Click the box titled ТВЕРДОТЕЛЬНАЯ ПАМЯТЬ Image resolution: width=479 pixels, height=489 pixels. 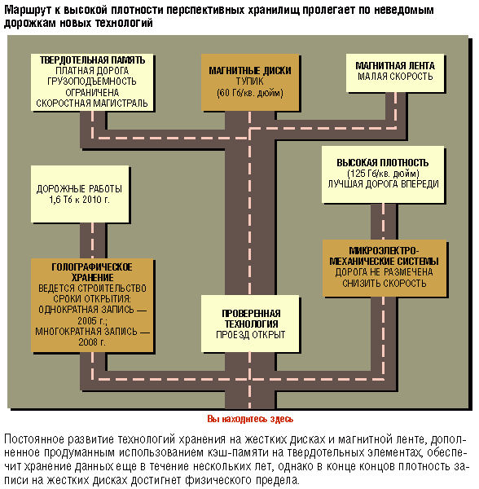pyautogui.click(x=92, y=82)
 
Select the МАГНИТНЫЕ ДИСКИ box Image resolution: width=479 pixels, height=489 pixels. pyautogui.click(x=250, y=82)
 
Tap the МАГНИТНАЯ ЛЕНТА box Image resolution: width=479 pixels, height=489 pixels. pyautogui.click(x=395, y=73)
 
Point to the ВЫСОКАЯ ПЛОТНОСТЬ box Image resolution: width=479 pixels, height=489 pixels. pyautogui.click(x=383, y=174)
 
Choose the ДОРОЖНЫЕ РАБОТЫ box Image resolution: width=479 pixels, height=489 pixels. pyautogui.click(x=80, y=194)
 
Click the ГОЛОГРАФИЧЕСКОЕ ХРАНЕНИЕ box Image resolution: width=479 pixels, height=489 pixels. pyautogui.click(x=92, y=306)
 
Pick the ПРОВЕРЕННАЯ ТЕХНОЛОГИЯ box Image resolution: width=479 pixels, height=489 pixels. pyautogui.click(x=250, y=324)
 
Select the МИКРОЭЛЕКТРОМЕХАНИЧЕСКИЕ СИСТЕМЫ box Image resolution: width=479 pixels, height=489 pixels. pyautogui.click(x=385, y=268)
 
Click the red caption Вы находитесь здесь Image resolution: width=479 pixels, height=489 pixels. pyautogui.click(x=250, y=419)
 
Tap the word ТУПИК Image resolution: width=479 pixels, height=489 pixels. pyautogui.click(x=249, y=81)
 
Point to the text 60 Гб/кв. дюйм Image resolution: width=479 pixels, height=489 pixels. pyautogui.click(x=250, y=93)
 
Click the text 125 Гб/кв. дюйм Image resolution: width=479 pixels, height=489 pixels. pyautogui.click(x=383, y=174)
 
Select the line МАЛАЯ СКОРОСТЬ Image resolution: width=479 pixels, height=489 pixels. pyautogui.click(x=395, y=77)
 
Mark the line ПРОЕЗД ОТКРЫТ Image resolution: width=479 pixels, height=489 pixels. pyautogui.click(x=251, y=335)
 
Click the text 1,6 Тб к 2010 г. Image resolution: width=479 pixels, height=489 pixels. pyautogui.click(x=80, y=200)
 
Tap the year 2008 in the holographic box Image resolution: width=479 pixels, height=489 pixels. pyautogui.click(x=88, y=342)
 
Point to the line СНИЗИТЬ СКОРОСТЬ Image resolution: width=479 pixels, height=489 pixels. pyautogui.click(x=385, y=283)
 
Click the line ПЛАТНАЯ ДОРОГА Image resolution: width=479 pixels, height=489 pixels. pyautogui.click(x=92, y=70)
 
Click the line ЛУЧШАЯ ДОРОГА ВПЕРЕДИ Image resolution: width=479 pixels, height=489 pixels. pyautogui.click(x=383, y=184)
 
